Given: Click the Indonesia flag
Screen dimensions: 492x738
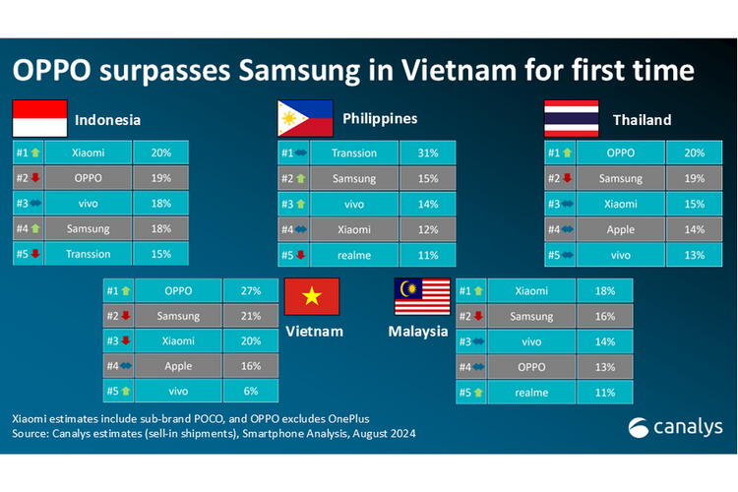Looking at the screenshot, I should [x=39, y=118].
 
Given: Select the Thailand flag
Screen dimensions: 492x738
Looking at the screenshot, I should [x=572, y=118].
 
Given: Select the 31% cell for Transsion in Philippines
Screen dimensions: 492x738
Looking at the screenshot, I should [x=427, y=153].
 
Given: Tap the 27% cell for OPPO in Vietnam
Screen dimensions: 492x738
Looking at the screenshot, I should [x=251, y=291].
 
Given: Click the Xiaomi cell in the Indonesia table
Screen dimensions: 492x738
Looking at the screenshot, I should [x=88, y=153].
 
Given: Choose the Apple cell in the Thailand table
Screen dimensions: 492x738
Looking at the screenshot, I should [x=620, y=229].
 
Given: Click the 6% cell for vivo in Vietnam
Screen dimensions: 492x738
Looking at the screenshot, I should [x=251, y=392].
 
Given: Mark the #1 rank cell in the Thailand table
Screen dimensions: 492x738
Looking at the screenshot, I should [x=560, y=153].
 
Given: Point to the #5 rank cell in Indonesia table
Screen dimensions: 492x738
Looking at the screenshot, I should [x=27, y=254].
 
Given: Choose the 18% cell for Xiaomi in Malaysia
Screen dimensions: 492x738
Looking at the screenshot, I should [x=605, y=291].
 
